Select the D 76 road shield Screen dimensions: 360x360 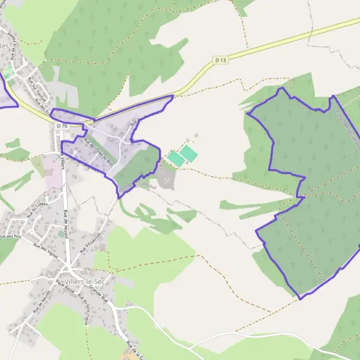[62, 126]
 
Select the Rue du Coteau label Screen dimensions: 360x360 [37, 207]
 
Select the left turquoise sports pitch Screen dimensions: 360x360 [176, 159]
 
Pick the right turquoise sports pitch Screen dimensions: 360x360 [188, 154]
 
